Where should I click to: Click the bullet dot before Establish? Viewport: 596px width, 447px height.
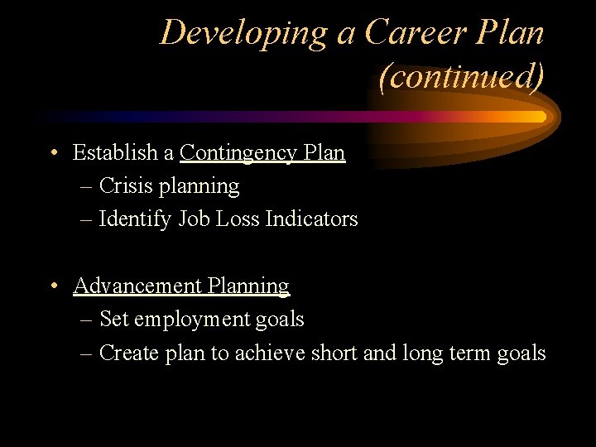[52, 153]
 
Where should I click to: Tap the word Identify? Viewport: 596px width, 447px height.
[135, 219]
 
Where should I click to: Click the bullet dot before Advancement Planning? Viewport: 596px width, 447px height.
[52, 286]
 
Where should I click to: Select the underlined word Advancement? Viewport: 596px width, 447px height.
[137, 286]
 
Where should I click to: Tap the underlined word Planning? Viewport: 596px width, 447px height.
[248, 286]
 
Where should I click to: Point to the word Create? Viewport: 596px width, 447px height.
[124, 353]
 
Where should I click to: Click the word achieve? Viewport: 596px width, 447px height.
[270, 353]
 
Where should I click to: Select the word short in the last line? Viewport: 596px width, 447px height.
[334, 353]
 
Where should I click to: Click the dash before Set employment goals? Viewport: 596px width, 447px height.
[87, 320]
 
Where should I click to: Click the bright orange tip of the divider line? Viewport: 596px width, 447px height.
[538, 117]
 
